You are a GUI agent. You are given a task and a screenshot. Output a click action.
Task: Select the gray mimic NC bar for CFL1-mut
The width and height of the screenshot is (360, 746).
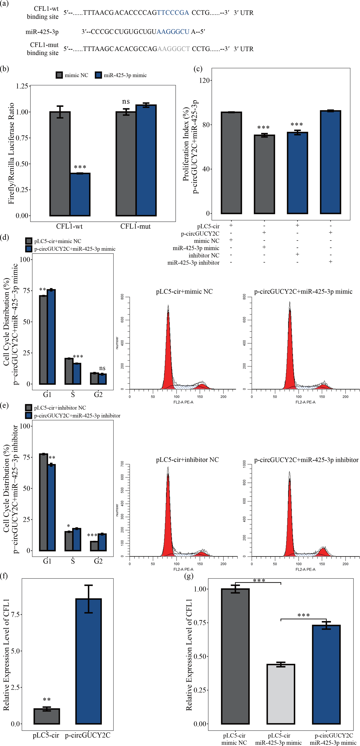click(x=126, y=164)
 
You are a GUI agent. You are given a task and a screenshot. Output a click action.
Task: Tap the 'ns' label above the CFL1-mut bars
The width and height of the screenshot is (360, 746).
click(x=126, y=101)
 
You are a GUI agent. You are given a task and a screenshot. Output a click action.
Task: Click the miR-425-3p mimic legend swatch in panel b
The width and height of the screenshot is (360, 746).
click(x=98, y=75)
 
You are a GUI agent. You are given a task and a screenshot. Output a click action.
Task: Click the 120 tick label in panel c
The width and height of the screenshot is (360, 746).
click(x=204, y=80)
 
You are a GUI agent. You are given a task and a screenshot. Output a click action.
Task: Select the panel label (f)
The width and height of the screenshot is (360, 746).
click(x=4, y=576)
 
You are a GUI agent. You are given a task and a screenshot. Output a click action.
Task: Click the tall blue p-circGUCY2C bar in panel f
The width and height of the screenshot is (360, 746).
click(x=88, y=662)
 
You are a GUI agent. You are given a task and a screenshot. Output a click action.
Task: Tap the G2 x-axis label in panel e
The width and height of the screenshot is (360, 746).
click(x=98, y=561)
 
